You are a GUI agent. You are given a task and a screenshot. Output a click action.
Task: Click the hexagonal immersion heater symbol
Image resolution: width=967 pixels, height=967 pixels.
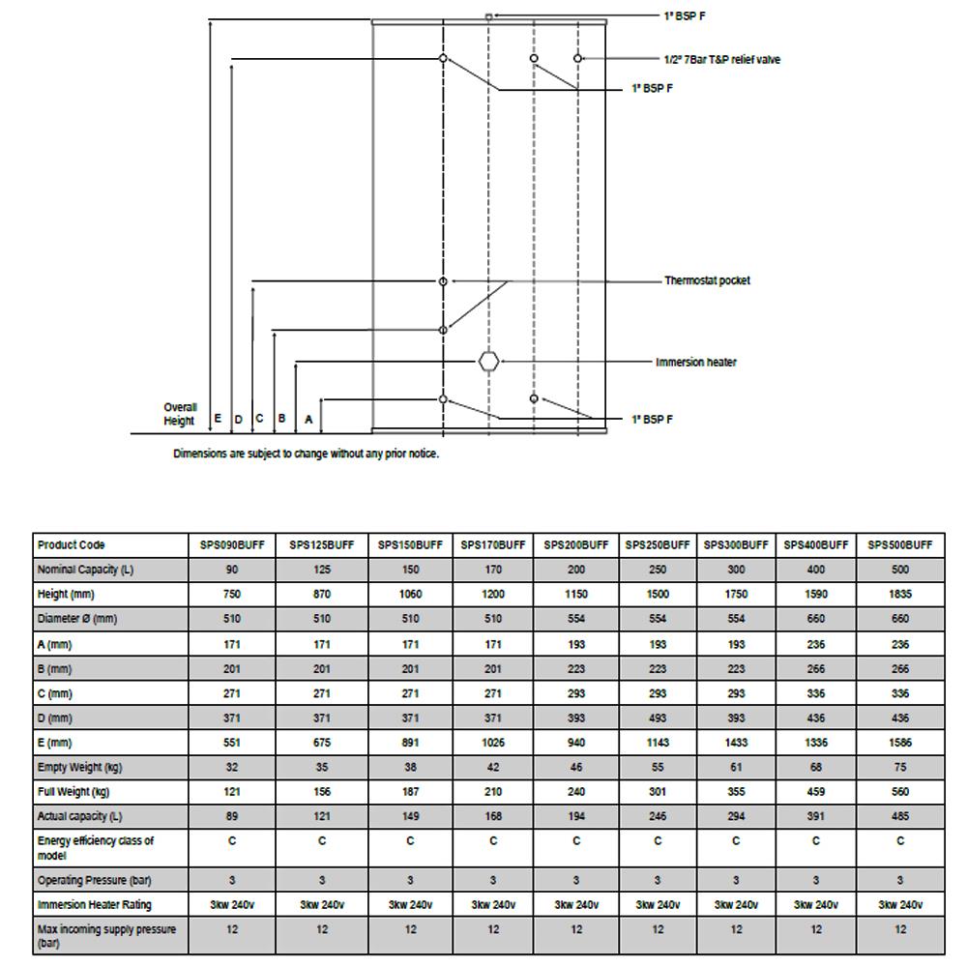489,362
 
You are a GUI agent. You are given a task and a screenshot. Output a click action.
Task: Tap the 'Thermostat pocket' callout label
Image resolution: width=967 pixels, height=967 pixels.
707,280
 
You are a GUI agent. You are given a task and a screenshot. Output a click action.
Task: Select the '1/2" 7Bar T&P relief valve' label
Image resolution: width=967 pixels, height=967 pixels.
721,60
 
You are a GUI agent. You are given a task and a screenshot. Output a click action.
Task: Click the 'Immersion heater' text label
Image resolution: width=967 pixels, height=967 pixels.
695,363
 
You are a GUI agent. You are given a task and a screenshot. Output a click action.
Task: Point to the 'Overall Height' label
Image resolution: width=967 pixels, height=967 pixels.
180,414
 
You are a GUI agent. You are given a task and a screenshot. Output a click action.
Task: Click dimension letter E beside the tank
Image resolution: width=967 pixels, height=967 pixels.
218,419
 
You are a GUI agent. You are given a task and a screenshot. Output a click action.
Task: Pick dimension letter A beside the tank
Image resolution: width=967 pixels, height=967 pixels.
308,420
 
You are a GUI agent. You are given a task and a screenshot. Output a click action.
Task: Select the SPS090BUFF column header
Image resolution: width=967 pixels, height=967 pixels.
232,545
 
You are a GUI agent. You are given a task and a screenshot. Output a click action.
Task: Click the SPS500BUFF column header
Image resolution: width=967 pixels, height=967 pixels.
900,545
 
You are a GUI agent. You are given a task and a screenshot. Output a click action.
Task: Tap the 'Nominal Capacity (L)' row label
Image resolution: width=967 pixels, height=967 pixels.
85,570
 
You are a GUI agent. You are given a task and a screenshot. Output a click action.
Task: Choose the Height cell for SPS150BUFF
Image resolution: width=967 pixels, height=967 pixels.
410,595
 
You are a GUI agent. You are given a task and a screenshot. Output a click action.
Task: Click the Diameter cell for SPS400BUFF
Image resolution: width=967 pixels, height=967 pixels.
816,619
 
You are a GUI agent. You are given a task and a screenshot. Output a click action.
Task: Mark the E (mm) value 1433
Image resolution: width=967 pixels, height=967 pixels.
736,743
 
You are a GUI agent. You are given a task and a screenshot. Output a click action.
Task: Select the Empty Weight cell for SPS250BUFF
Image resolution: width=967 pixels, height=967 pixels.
658,768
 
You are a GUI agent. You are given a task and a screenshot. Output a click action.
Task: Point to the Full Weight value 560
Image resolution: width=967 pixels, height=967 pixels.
900,792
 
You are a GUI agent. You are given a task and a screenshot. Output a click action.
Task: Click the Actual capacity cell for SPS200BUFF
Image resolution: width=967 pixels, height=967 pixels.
576,817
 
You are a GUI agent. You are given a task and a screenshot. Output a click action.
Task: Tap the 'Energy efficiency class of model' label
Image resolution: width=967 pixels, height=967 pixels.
95,848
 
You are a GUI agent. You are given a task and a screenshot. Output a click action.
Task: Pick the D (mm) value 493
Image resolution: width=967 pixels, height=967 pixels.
658,718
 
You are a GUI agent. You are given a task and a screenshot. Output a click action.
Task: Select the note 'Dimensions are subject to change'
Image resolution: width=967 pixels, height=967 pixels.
306,454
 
